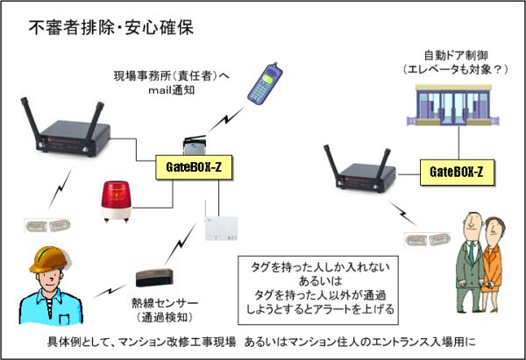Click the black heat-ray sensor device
coord(158,279)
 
